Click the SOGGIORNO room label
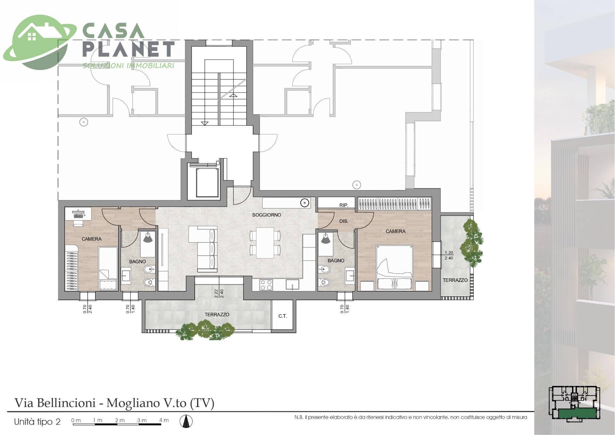click(266, 215)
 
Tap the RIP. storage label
click(344, 205)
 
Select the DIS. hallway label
click(344, 221)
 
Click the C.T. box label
click(283, 316)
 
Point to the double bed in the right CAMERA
click(395, 267)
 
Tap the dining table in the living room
click(265, 243)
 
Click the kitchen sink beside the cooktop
click(292, 285)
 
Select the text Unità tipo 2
click(37, 422)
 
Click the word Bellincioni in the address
click(66, 403)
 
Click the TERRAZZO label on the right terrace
click(455, 280)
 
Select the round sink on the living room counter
click(305, 203)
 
